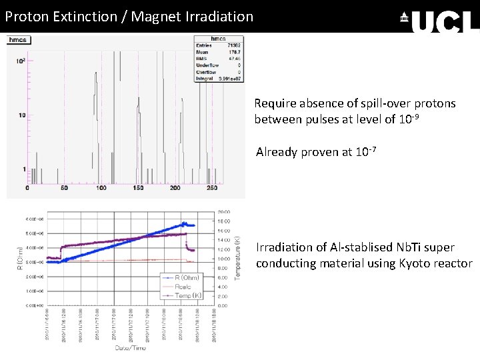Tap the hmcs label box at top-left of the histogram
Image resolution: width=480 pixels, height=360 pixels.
click(18, 40)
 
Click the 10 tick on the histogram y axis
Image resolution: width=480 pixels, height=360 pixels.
click(21, 115)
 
